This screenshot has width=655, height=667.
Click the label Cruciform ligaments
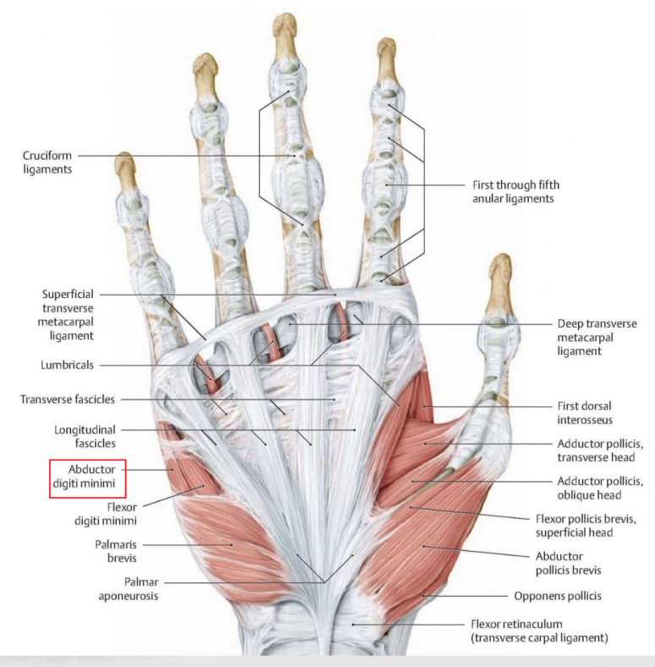pyautogui.click(x=47, y=162)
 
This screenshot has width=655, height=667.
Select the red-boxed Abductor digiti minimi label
pyautogui.click(x=87, y=478)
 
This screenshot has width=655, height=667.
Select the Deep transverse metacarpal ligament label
pyautogui.click(x=597, y=336)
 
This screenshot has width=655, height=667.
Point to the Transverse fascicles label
pyautogui.click(x=68, y=399)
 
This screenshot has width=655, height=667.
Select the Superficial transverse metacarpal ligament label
pyautogui.click(x=79, y=314)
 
